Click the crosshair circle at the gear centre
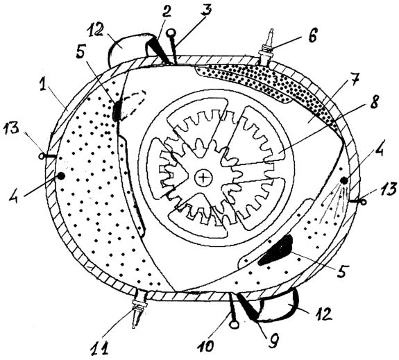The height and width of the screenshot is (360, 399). click(203, 178)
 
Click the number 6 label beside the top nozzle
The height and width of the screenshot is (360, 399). click(312, 35)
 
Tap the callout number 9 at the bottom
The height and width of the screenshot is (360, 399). click(273, 338)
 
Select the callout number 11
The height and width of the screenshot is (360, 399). click(100, 347)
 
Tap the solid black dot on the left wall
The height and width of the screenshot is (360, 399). click(61, 175)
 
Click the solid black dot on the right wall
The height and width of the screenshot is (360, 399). click(344, 180)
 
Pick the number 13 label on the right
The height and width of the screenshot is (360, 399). click(389, 189)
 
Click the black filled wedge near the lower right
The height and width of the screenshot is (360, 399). click(276, 250)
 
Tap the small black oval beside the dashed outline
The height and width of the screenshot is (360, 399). click(117, 111)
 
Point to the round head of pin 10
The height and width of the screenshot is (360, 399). click(234, 325)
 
